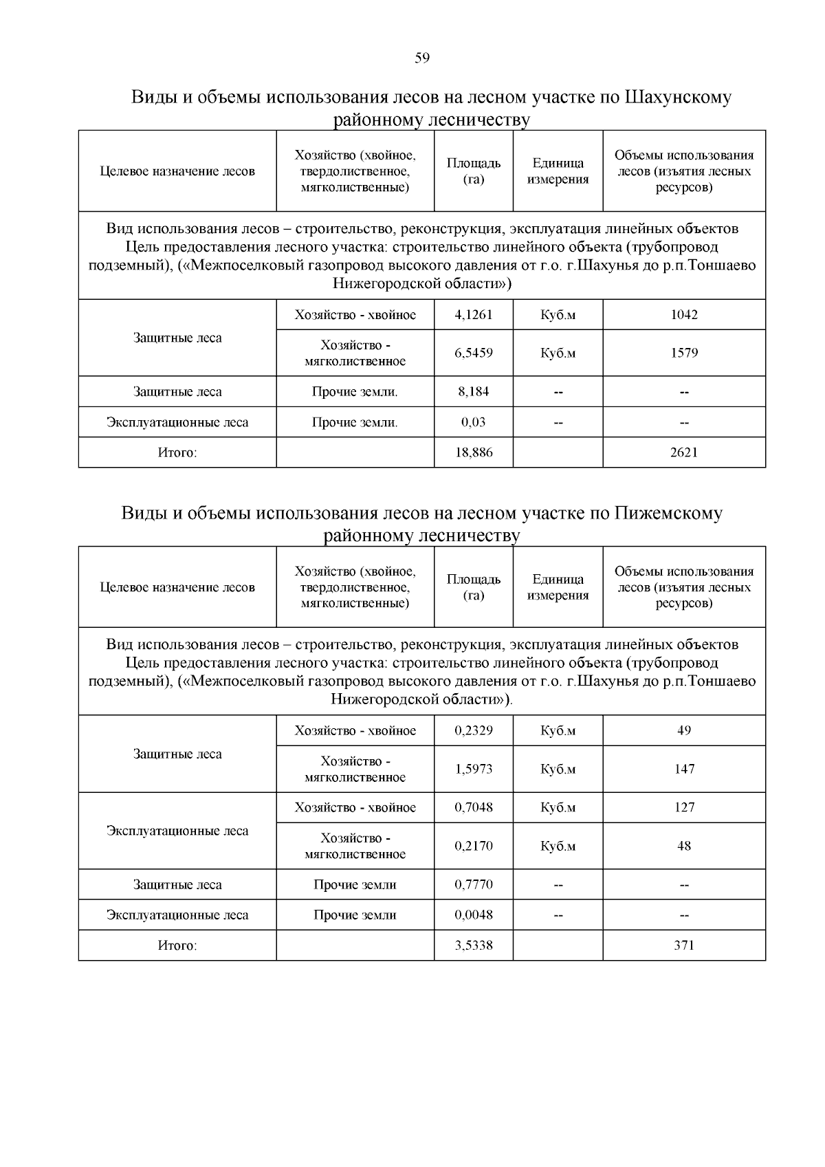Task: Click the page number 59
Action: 422,58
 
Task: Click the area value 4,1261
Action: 473,315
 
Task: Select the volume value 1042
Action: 684,315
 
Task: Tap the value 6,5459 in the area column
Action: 473,353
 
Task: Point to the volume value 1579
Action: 684,353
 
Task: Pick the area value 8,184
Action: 473,392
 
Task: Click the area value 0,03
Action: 473,422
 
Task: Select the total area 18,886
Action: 473,452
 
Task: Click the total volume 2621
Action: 684,452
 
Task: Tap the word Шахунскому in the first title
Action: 677,97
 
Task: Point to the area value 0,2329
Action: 473,731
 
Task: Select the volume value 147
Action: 684,769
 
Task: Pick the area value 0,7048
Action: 473,807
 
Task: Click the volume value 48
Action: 684,846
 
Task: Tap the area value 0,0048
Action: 473,915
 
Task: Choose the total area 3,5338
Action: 473,946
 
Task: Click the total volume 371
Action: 684,946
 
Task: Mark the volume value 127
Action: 684,807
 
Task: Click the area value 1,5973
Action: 473,769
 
